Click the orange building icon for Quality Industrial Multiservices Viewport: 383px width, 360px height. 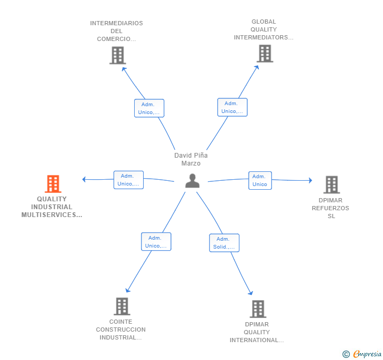click(53, 184)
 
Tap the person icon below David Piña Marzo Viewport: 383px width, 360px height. click(193, 181)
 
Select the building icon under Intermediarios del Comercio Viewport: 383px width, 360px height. click(118, 55)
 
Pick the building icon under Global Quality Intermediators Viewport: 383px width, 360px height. click(265, 54)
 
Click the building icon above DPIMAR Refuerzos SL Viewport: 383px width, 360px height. click(331, 184)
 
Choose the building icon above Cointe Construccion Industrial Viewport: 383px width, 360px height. click(122, 306)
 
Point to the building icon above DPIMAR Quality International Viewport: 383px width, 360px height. click(258, 308)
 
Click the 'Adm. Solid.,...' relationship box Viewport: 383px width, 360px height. click(224, 243)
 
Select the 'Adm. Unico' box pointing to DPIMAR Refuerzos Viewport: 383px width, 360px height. click(260, 180)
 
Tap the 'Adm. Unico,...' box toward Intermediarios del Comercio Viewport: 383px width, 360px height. click(149, 108)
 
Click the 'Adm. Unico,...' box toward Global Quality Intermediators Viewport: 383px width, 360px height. click(233, 107)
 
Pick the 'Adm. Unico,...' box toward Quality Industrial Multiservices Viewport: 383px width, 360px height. click(128, 180)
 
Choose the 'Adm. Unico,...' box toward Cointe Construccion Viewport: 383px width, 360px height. click(156, 242)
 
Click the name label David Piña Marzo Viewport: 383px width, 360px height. click(191, 159)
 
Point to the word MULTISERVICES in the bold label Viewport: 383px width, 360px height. click(52, 215)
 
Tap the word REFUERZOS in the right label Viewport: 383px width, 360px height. click(330, 208)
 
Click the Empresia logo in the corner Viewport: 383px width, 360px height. click(362, 354)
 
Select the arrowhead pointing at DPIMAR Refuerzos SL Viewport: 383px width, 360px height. click(310, 180)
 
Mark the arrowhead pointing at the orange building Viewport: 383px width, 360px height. click(84, 179)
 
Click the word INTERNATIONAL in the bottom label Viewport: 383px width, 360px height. click(257, 340)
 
